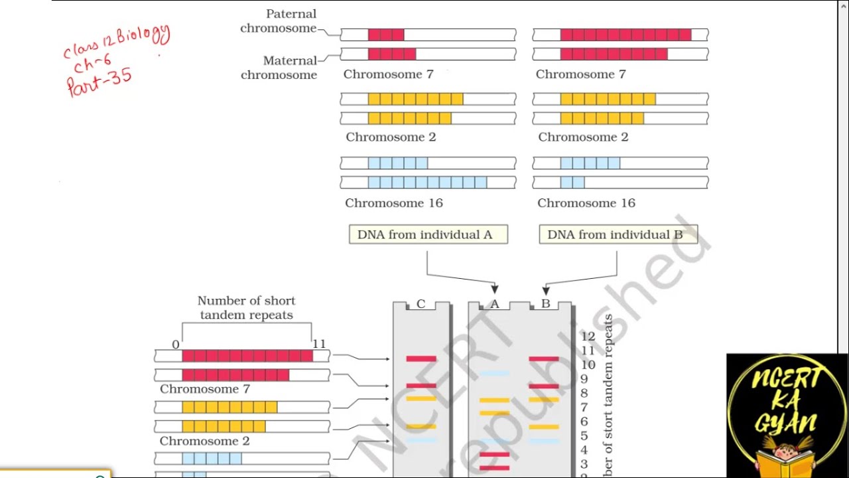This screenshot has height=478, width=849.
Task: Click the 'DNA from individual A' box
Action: (428, 234)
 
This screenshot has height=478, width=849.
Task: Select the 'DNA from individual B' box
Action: (618, 234)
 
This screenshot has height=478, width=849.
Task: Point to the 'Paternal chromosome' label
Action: (279, 21)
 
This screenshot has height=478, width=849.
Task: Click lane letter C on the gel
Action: (421, 304)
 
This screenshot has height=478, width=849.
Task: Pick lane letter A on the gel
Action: (494, 304)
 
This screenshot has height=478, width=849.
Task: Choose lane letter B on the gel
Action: (545, 304)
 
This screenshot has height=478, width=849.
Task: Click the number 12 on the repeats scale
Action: (588, 337)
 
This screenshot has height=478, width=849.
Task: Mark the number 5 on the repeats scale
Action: (584, 436)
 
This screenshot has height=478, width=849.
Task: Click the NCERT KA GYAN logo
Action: (787, 416)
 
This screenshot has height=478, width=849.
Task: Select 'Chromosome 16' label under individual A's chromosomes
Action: (393, 203)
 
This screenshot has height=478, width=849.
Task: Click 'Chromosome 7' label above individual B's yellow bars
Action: (580, 74)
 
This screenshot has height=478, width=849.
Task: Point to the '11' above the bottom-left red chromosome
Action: (319, 344)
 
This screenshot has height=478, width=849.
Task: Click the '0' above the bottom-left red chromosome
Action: (176, 344)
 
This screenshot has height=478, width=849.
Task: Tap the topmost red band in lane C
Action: (421, 358)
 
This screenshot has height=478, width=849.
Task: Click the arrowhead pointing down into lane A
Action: (494, 289)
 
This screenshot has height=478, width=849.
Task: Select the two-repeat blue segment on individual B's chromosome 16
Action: (572, 182)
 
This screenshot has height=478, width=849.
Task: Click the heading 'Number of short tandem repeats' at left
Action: (246, 308)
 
